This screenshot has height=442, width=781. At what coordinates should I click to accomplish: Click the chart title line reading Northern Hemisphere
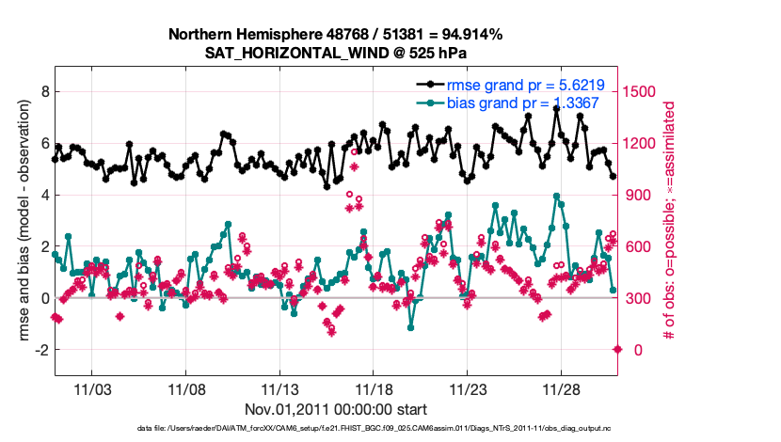point(335,35)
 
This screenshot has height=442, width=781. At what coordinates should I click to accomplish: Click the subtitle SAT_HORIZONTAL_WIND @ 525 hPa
point(335,53)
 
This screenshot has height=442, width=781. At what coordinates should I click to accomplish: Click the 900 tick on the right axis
point(640,196)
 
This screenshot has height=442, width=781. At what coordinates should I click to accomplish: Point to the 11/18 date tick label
point(374,389)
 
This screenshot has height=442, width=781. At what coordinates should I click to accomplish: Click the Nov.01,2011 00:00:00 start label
point(336,409)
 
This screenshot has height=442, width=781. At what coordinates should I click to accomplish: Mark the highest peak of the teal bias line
point(557,197)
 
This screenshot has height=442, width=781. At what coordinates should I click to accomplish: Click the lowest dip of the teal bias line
point(411,327)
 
